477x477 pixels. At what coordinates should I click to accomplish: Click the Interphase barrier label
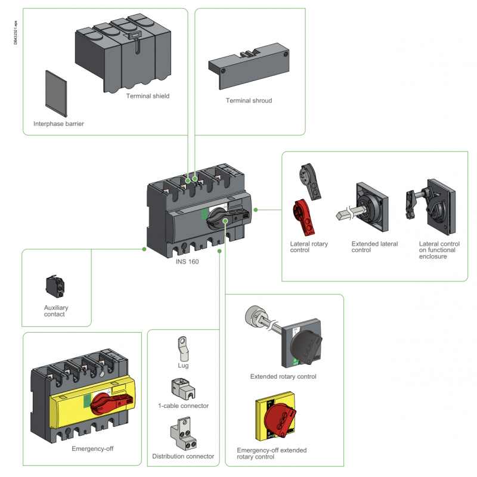coord(58,124)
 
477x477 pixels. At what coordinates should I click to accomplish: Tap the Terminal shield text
coord(148,95)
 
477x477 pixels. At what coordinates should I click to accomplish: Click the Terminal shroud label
coord(249,101)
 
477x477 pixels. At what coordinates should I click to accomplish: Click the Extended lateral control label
coord(374,247)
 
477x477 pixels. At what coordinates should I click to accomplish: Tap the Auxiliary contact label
coord(56,311)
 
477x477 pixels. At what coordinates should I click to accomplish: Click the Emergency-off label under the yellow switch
coord(92,448)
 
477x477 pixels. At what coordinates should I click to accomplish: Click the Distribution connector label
coord(183,456)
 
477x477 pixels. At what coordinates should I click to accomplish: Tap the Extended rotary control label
coord(283,376)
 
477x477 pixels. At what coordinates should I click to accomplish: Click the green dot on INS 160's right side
coord(255,209)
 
